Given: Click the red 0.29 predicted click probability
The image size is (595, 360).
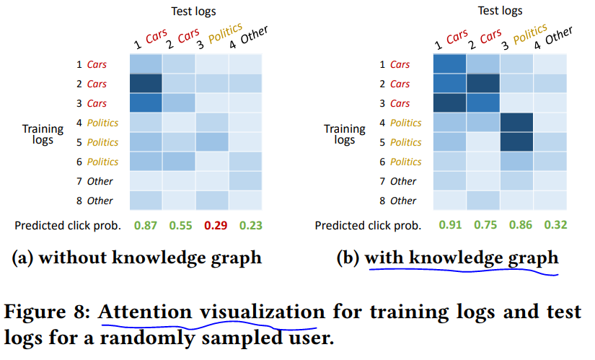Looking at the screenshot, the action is point(216,226).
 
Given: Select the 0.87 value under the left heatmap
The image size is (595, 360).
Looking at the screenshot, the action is point(146,226).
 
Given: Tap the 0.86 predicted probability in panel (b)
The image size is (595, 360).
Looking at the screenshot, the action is point(521,225).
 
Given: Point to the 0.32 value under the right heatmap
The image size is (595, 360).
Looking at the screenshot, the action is point(555,225).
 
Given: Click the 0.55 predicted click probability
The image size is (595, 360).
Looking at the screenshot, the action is point(180,226).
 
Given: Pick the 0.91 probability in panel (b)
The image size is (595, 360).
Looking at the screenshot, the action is point(450,225).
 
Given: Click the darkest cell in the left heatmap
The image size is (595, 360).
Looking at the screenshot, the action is point(146,84).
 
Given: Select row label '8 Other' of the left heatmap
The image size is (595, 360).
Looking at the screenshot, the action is point(94,201).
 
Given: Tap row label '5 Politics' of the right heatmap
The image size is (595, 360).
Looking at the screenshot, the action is point(400,142).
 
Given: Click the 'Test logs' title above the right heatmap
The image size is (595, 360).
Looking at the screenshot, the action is point(500,11).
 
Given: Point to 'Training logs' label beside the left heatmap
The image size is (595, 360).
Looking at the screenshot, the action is point(43,134).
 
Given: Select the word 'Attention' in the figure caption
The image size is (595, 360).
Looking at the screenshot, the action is point(145,312).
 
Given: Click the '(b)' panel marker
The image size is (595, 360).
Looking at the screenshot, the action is point(348,258).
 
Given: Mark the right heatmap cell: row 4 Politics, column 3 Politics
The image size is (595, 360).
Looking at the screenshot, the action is point(516,122).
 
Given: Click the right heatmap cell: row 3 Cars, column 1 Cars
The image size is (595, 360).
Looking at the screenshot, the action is point(449,103).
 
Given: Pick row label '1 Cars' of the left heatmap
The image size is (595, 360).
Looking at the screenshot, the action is point(92,64).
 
